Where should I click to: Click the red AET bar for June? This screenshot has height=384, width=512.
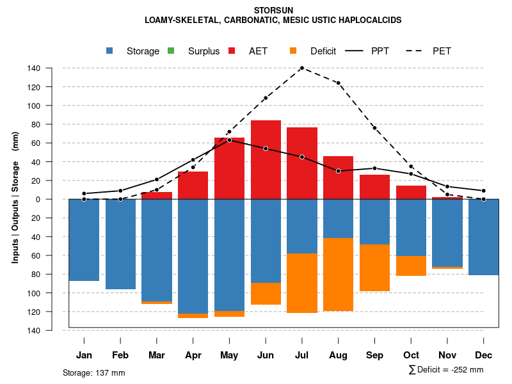(x=266, y=160)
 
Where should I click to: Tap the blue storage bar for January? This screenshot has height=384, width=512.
(x=84, y=240)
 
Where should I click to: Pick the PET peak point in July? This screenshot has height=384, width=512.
(x=302, y=68)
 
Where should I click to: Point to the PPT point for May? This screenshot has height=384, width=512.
(x=229, y=140)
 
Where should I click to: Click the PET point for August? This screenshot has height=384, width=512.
(x=339, y=83)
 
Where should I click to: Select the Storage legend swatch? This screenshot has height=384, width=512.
(x=111, y=51)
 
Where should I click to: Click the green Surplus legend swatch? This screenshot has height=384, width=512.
(x=171, y=51)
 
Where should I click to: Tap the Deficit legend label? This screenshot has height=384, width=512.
(x=323, y=51)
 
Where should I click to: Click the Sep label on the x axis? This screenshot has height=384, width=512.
(x=375, y=355)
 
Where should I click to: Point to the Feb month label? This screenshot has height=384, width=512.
(x=120, y=355)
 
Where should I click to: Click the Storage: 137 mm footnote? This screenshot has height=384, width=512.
(x=94, y=372)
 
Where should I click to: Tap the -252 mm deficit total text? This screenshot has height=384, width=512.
(x=468, y=370)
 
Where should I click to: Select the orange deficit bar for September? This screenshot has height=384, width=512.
(x=375, y=268)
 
